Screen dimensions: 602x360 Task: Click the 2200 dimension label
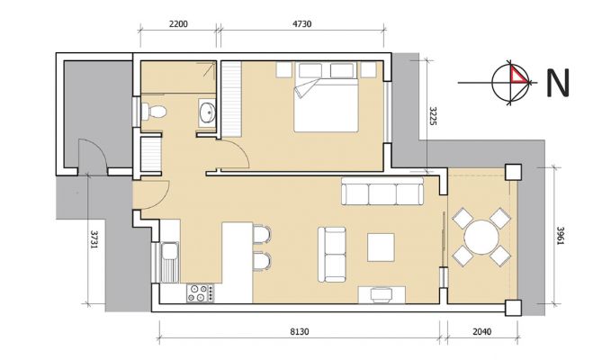click(x=178, y=23)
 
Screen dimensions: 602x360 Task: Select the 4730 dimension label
click(x=301, y=23)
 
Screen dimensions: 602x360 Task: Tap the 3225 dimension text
click(x=433, y=117)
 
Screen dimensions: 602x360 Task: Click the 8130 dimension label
click(x=299, y=331)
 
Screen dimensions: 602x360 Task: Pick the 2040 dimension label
click(x=481, y=331)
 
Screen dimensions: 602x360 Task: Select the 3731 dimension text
click(x=94, y=240)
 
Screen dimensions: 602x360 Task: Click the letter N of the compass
click(x=558, y=83)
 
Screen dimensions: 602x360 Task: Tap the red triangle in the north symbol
click(x=517, y=75)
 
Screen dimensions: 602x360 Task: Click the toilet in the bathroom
click(x=154, y=112)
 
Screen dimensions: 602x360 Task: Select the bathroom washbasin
click(x=208, y=112)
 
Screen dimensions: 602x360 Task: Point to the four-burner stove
click(x=201, y=292)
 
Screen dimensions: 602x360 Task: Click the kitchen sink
click(x=170, y=262)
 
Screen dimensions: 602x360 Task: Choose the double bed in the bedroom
click(x=326, y=97)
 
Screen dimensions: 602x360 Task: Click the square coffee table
click(x=381, y=247)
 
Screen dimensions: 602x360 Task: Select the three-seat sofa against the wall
click(x=382, y=191)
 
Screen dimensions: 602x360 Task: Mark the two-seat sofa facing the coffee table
click(x=332, y=255)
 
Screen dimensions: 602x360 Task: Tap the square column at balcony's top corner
click(x=513, y=172)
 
